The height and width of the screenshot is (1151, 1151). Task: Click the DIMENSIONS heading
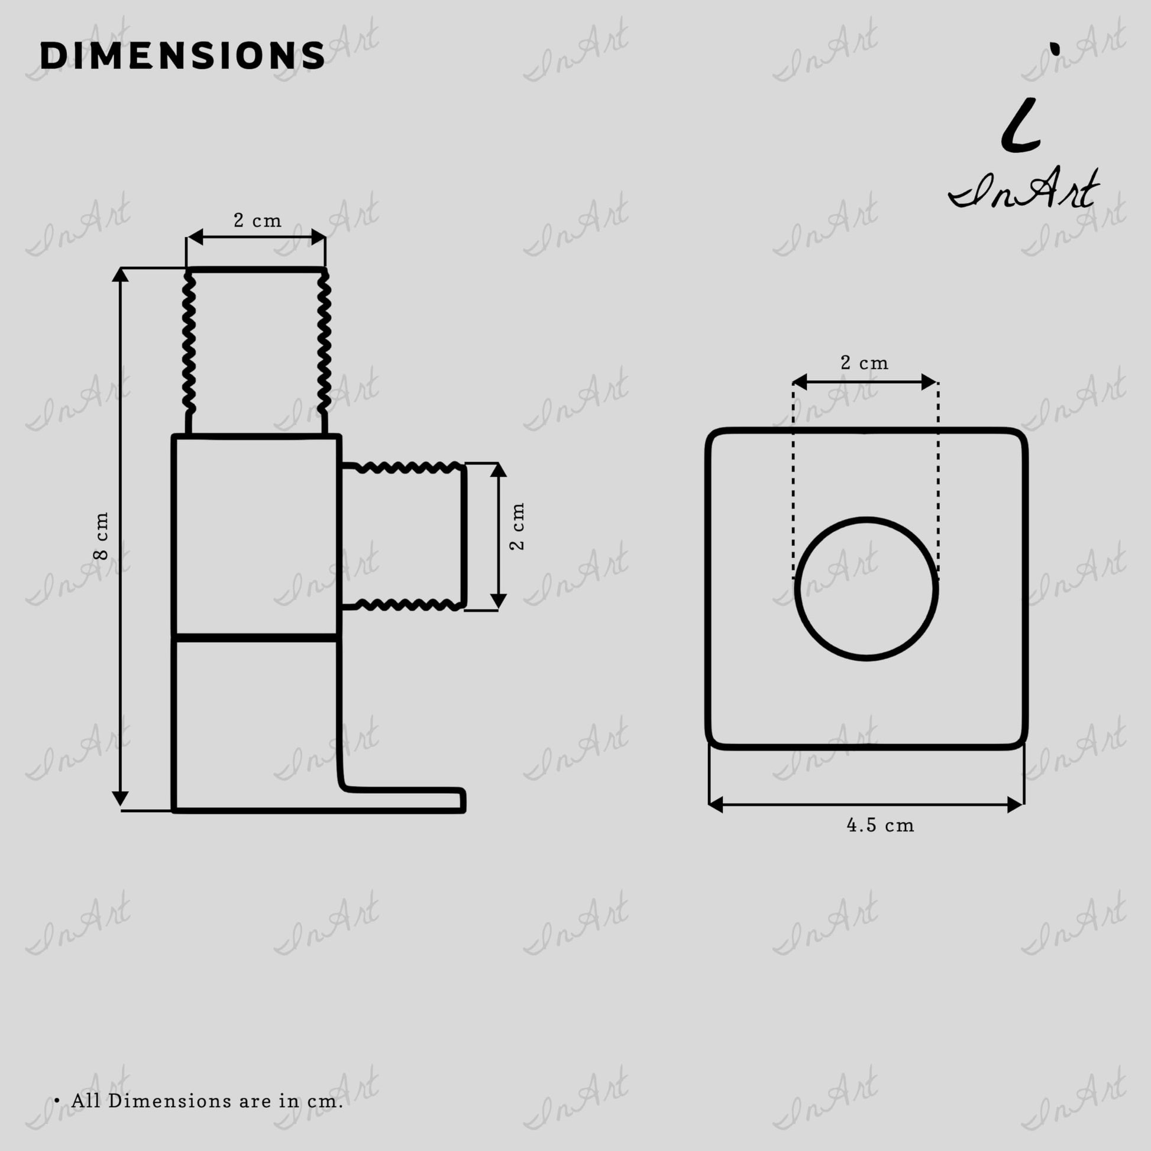(x=182, y=56)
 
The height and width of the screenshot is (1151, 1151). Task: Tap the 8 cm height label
(x=101, y=536)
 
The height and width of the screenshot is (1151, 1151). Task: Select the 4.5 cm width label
(x=880, y=825)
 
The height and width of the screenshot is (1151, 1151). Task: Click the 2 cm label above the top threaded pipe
(x=257, y=221)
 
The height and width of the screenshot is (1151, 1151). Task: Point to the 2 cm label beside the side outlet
(x=517, y=526)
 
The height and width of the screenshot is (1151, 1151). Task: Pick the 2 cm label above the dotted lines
(x=865, y=362)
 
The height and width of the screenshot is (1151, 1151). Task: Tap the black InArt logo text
(x=1023, y=187)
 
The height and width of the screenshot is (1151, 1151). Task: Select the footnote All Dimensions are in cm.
(x=207, y=1101)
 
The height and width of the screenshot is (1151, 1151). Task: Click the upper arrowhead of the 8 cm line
(x=120, y=274)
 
